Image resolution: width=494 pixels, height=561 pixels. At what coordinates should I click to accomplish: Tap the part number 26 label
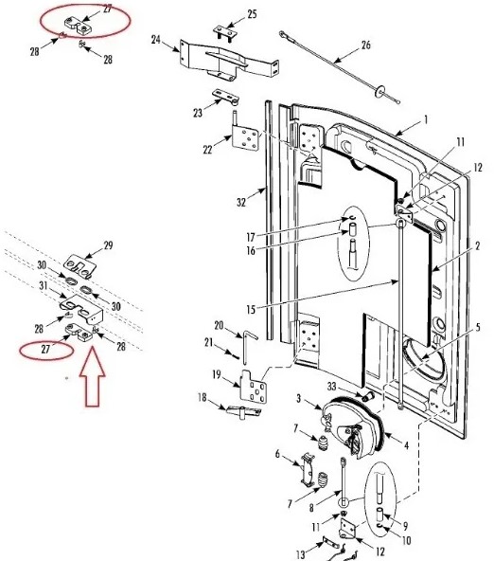pyautogui.click(x=365, y=45)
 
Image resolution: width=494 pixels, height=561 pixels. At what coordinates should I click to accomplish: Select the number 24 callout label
pyautogui.click(x=156, y=40)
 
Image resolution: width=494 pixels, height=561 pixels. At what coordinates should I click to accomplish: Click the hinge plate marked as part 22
pyautogui.click(x=246, y=138)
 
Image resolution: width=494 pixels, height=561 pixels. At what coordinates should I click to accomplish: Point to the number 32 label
pyautogui.click(x=241, y=203)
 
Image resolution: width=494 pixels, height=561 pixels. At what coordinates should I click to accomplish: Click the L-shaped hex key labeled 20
pyautogui.click(x=249, y=347)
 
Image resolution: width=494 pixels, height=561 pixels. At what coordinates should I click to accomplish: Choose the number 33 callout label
pyautogui.click(x=332, y=387)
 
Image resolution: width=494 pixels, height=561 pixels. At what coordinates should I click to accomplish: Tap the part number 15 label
pyautogui.click(x=251, y=309)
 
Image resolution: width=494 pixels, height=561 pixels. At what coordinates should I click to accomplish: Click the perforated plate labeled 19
pyautogui.click(x=254, y=388)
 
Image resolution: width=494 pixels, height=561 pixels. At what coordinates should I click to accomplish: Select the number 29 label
pyautogui.click(x=108, y=245)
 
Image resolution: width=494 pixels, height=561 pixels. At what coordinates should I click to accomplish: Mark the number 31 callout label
pyautogui.click(x=44, y=285)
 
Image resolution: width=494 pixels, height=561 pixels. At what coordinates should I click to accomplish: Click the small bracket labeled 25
pyautogui.click(x=226, y=33)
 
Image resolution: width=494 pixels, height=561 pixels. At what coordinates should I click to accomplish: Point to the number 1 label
pyautogui.click(x=426, y=119)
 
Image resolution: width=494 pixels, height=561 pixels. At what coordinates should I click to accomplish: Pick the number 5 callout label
pyautogui.click(x=478, y=327)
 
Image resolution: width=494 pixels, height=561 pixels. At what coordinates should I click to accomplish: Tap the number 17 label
pyautogui.click(x=251, y=237)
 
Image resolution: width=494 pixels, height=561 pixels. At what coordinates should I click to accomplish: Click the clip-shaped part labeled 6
pyautogui.click(x=308, y=469)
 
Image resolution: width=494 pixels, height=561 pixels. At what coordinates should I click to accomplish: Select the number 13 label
pyautogui.click(x=301, y=555)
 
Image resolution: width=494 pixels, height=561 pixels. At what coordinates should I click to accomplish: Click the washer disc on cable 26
pyautogui.click(x=379, y=91)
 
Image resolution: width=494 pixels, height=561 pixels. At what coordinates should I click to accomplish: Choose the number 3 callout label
pyautogui.click(x=299, y=398)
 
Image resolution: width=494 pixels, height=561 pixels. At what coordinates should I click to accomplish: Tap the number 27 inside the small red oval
pyautogui.click(x=45, y=349)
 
